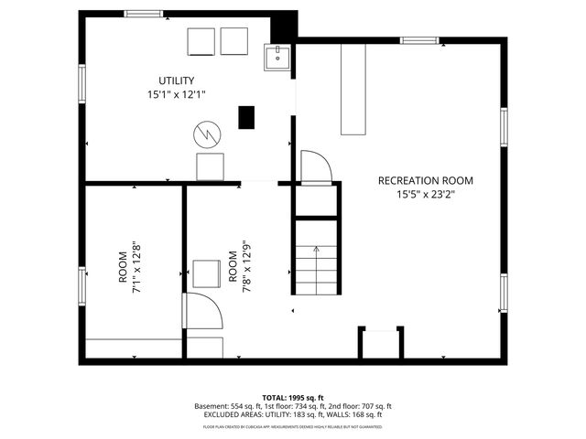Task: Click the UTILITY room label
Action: [x=176, y=80]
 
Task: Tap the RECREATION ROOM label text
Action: [x=426, y=180]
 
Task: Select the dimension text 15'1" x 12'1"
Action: [x=176, y=94]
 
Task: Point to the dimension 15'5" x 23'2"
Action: [x=426, y=194]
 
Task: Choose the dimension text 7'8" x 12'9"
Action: [x=245, y=267]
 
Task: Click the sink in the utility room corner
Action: [x=276, y=58]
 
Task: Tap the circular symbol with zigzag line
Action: [x=206, y=135]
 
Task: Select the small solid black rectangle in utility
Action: [x=245, y=117]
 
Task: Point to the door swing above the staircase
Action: [x=313, y=167]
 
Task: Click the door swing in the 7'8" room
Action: [x=202, y=314]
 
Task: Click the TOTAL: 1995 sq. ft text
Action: [x=292, y=397]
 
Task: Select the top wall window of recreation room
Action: [x=418, y=40]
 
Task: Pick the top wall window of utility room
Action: [x=143, y=14]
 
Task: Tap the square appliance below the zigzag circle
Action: [x=211, y=166]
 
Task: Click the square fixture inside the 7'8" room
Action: [x=206, y=273]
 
